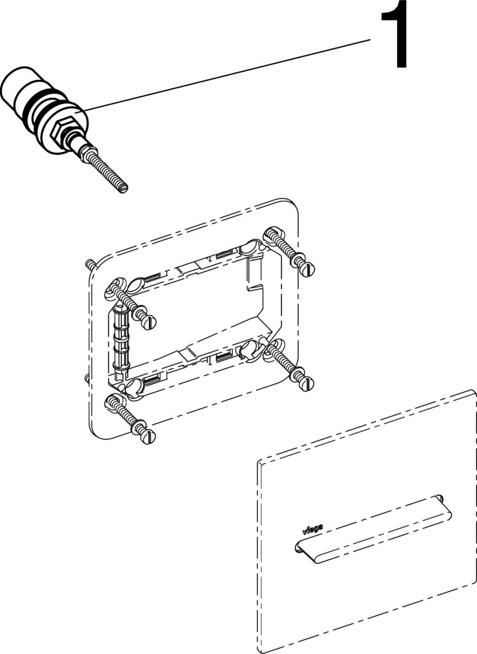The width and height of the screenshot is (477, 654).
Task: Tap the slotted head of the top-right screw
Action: [308, 269]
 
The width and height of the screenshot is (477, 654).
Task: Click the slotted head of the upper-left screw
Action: [149, 322]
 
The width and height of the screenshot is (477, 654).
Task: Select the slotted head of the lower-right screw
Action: [307, 384]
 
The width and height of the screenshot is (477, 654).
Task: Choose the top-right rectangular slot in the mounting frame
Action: [224, 252]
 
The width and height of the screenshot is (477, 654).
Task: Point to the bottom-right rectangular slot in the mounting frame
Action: [224, 356]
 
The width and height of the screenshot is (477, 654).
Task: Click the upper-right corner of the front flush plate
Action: [474, 390]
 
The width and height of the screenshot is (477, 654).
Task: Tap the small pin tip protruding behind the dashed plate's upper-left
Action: [88, 264]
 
